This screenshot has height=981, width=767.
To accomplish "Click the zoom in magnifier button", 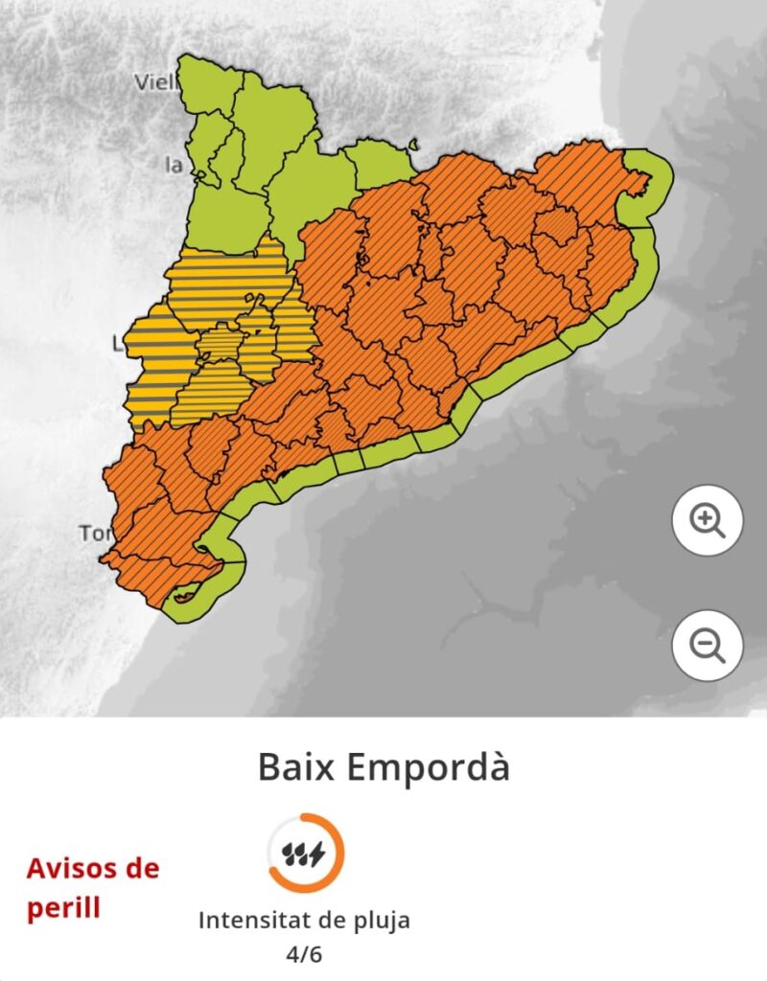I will [x=708, y=520].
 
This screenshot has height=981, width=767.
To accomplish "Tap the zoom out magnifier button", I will [x=708, y=646].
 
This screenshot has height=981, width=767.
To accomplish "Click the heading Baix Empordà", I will [x=383, y=767].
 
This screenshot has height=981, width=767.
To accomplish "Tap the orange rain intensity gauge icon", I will [x=305, y=853].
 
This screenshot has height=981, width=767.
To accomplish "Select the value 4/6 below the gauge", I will [x=305, y=955].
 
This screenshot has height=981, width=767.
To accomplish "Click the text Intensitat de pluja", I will [x=305, y=921].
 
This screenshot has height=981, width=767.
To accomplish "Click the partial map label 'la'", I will [x=174, y=165].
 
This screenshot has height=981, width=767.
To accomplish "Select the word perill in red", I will [x=63, y=907].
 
